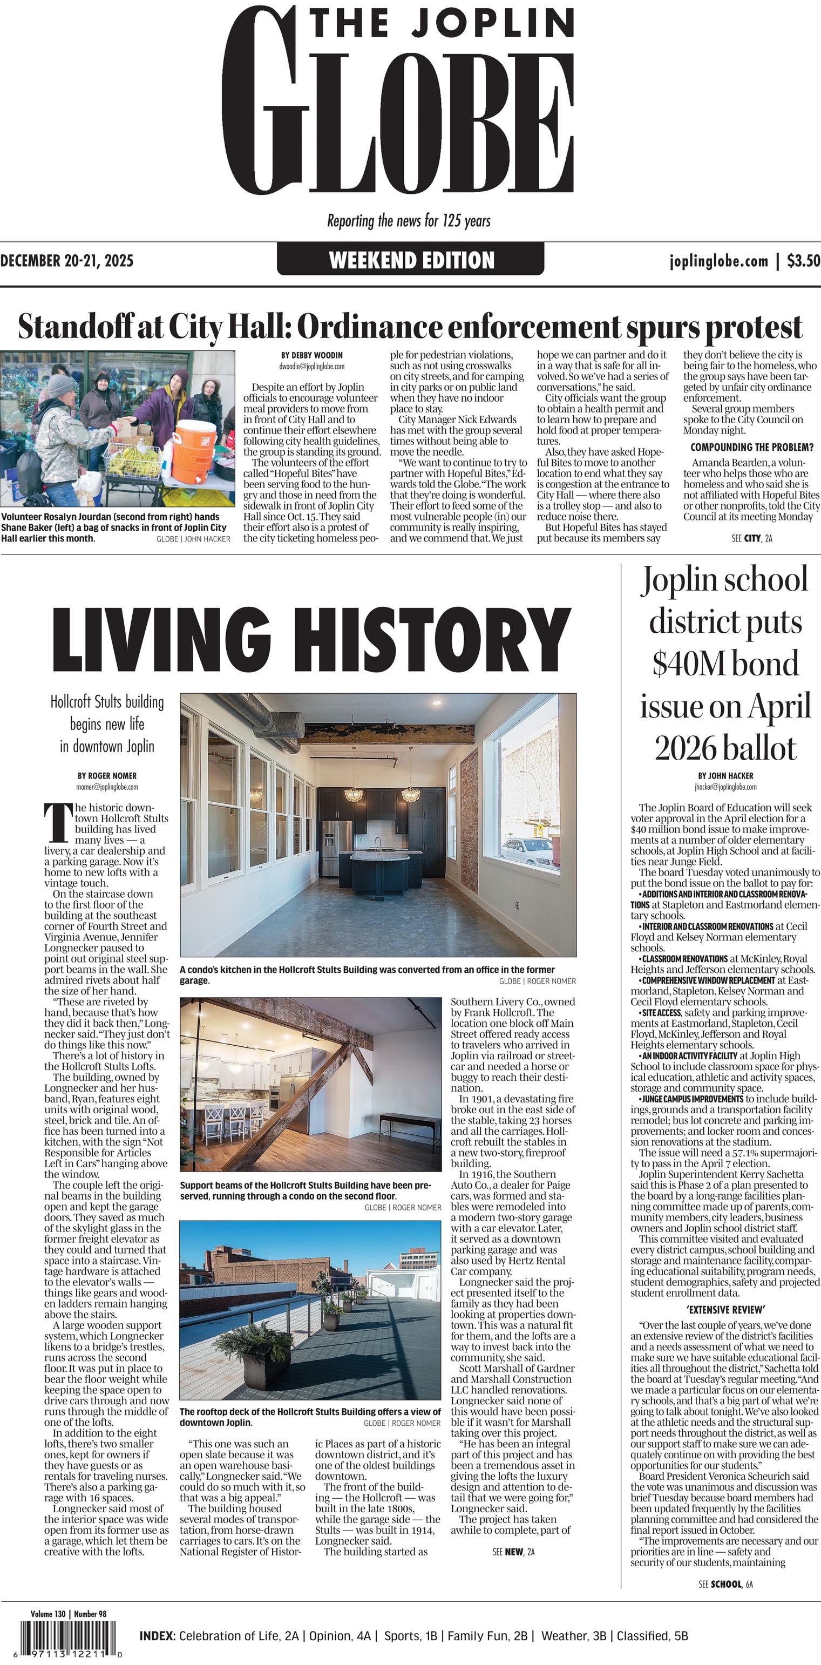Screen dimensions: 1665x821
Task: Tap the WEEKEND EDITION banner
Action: click(411, 260)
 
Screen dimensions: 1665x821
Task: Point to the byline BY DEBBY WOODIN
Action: click(311, 355)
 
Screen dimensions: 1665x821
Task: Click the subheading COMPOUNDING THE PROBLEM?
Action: click(752, 447)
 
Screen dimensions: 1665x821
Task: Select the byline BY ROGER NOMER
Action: click(107, 776)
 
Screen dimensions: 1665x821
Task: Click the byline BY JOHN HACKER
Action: click(725, 776)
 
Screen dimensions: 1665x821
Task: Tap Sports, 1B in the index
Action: click(410, 1636)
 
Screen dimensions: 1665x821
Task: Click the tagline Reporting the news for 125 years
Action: click(409, 221)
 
